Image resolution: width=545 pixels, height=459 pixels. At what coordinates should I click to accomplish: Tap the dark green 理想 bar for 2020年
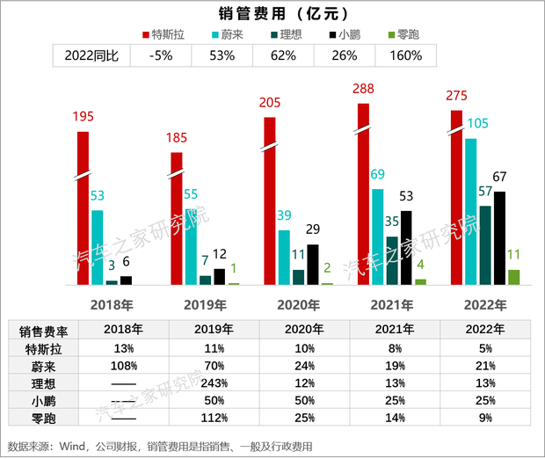point(298,277)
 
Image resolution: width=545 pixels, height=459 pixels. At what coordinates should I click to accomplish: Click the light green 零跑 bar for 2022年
point(513,277)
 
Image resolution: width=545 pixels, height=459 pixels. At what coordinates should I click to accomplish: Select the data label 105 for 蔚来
point(478,124)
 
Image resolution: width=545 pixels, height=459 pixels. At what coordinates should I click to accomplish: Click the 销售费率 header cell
point(44,331)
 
